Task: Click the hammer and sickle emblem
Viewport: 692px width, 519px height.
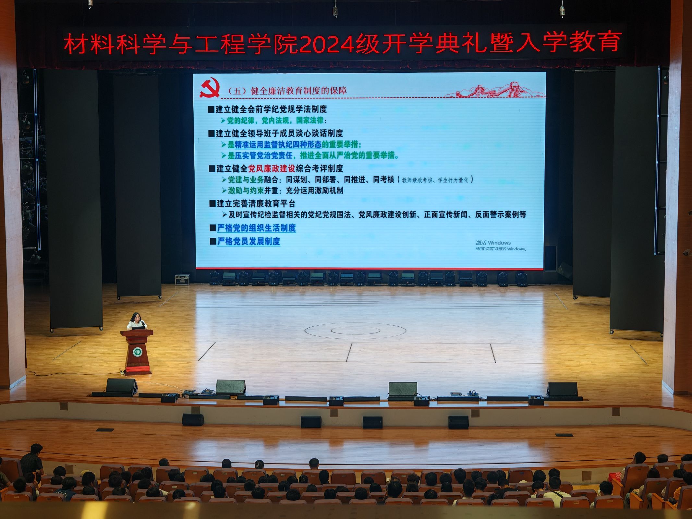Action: point(209,88)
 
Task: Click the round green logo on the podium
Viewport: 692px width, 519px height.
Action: point(137,351)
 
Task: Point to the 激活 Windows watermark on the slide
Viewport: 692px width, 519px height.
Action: point(493,243)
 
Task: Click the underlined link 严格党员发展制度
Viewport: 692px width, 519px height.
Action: point(249,241)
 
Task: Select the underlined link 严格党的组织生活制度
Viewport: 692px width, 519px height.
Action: point(256,228)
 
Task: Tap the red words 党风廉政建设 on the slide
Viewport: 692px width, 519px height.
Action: point(272,169)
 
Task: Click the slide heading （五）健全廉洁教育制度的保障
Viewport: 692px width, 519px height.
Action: point(287,91)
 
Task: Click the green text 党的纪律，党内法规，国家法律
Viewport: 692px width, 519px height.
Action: point(275,121)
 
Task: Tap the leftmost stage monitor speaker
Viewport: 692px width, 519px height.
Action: point(121,386)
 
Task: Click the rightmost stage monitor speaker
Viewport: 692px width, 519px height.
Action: point(562,389)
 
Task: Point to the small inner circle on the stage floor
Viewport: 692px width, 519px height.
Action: point(355,331)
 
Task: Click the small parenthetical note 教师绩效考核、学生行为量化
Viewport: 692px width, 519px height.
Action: point(435,180)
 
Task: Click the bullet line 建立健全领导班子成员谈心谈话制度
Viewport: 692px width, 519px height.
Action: point(279,133)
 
